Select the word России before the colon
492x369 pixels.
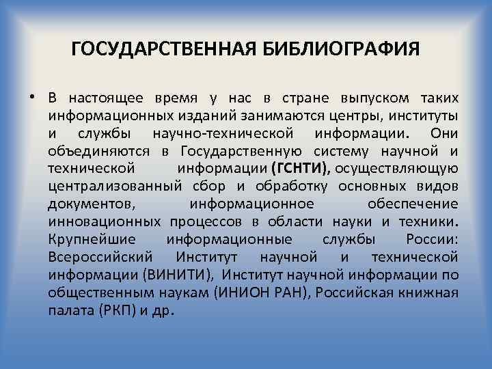coord(431,239)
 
